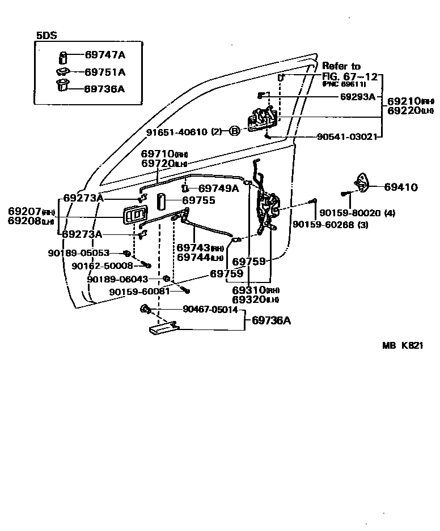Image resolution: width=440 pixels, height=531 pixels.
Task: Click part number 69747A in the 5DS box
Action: point(105,55)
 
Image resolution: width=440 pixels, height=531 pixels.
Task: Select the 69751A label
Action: point(105,72)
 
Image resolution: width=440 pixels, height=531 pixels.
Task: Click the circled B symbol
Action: point(234,131)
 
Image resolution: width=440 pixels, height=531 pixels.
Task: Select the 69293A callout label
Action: point(358,97)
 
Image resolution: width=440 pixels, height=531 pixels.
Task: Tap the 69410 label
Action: point(401,187)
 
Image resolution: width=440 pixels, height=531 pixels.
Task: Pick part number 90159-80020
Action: point(349,213)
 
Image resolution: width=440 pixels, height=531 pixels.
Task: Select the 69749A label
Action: point(218,188)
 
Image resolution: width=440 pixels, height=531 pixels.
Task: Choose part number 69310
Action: point(249,290)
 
